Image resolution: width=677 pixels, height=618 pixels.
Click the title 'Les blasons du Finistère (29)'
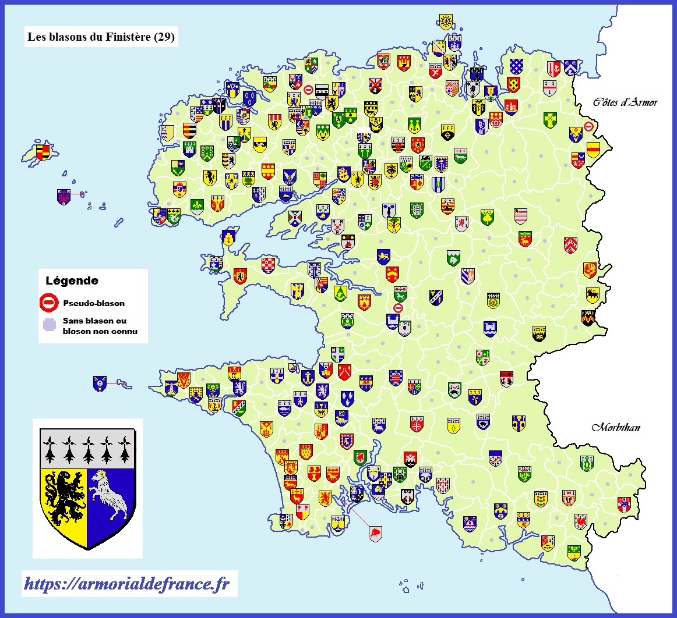click(101, 37)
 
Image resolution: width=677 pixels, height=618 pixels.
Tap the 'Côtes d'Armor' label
click(625, 102)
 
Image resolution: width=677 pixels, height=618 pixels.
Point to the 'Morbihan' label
click(616, 428)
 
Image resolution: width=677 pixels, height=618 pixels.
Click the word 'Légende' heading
click(72, 280)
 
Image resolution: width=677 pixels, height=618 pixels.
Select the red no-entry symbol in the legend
click(49, 303)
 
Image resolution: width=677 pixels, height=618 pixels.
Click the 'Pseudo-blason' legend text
click(93, 303)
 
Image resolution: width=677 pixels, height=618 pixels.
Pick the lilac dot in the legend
click(49, 325)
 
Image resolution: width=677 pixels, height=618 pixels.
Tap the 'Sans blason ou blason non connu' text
click(99, 326)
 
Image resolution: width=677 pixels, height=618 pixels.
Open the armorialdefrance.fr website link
click(126, 584)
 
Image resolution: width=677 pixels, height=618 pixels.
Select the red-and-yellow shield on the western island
click(43, 152)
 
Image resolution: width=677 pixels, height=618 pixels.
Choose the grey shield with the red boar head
click(376, 533)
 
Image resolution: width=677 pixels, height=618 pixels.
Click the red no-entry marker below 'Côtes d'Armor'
click(588, 126)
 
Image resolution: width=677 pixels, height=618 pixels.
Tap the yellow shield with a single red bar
click(593, 150)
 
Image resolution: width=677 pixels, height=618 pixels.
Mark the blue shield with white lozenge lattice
click(516, 66)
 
